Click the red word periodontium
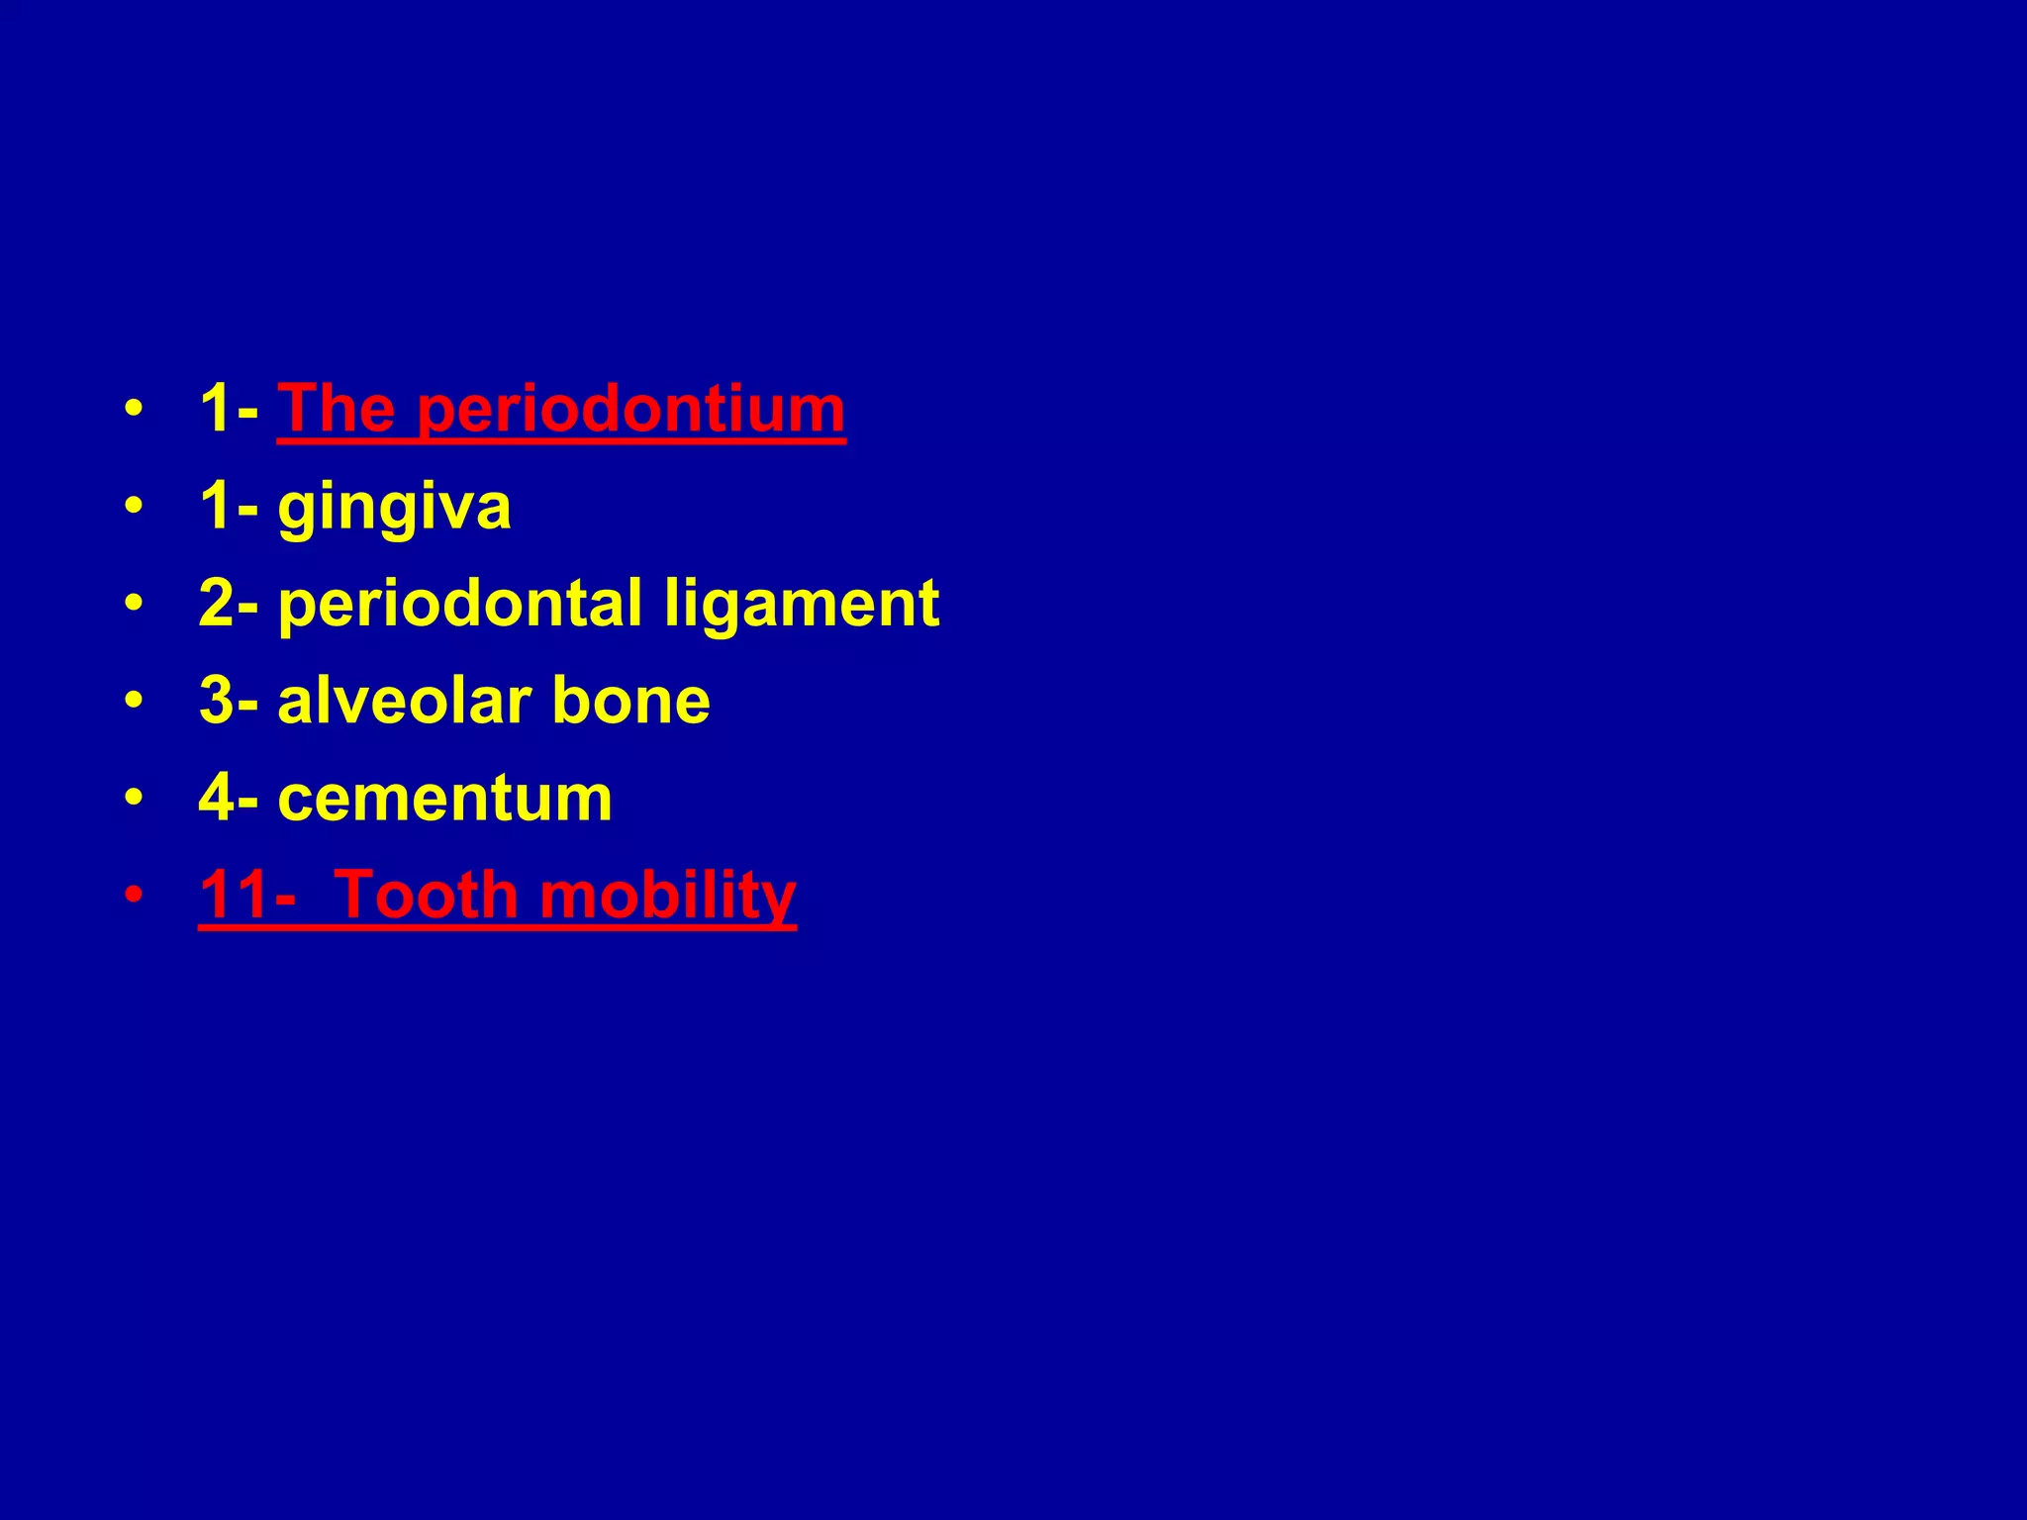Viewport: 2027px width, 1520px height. click(630, 410)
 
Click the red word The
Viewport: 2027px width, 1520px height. click(337, 408)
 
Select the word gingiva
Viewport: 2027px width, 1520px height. click(394, 508)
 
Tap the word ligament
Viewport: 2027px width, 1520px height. click(801, 604)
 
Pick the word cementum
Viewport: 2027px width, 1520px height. click(444, 798)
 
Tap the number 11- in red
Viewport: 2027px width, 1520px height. click(246, 896)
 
